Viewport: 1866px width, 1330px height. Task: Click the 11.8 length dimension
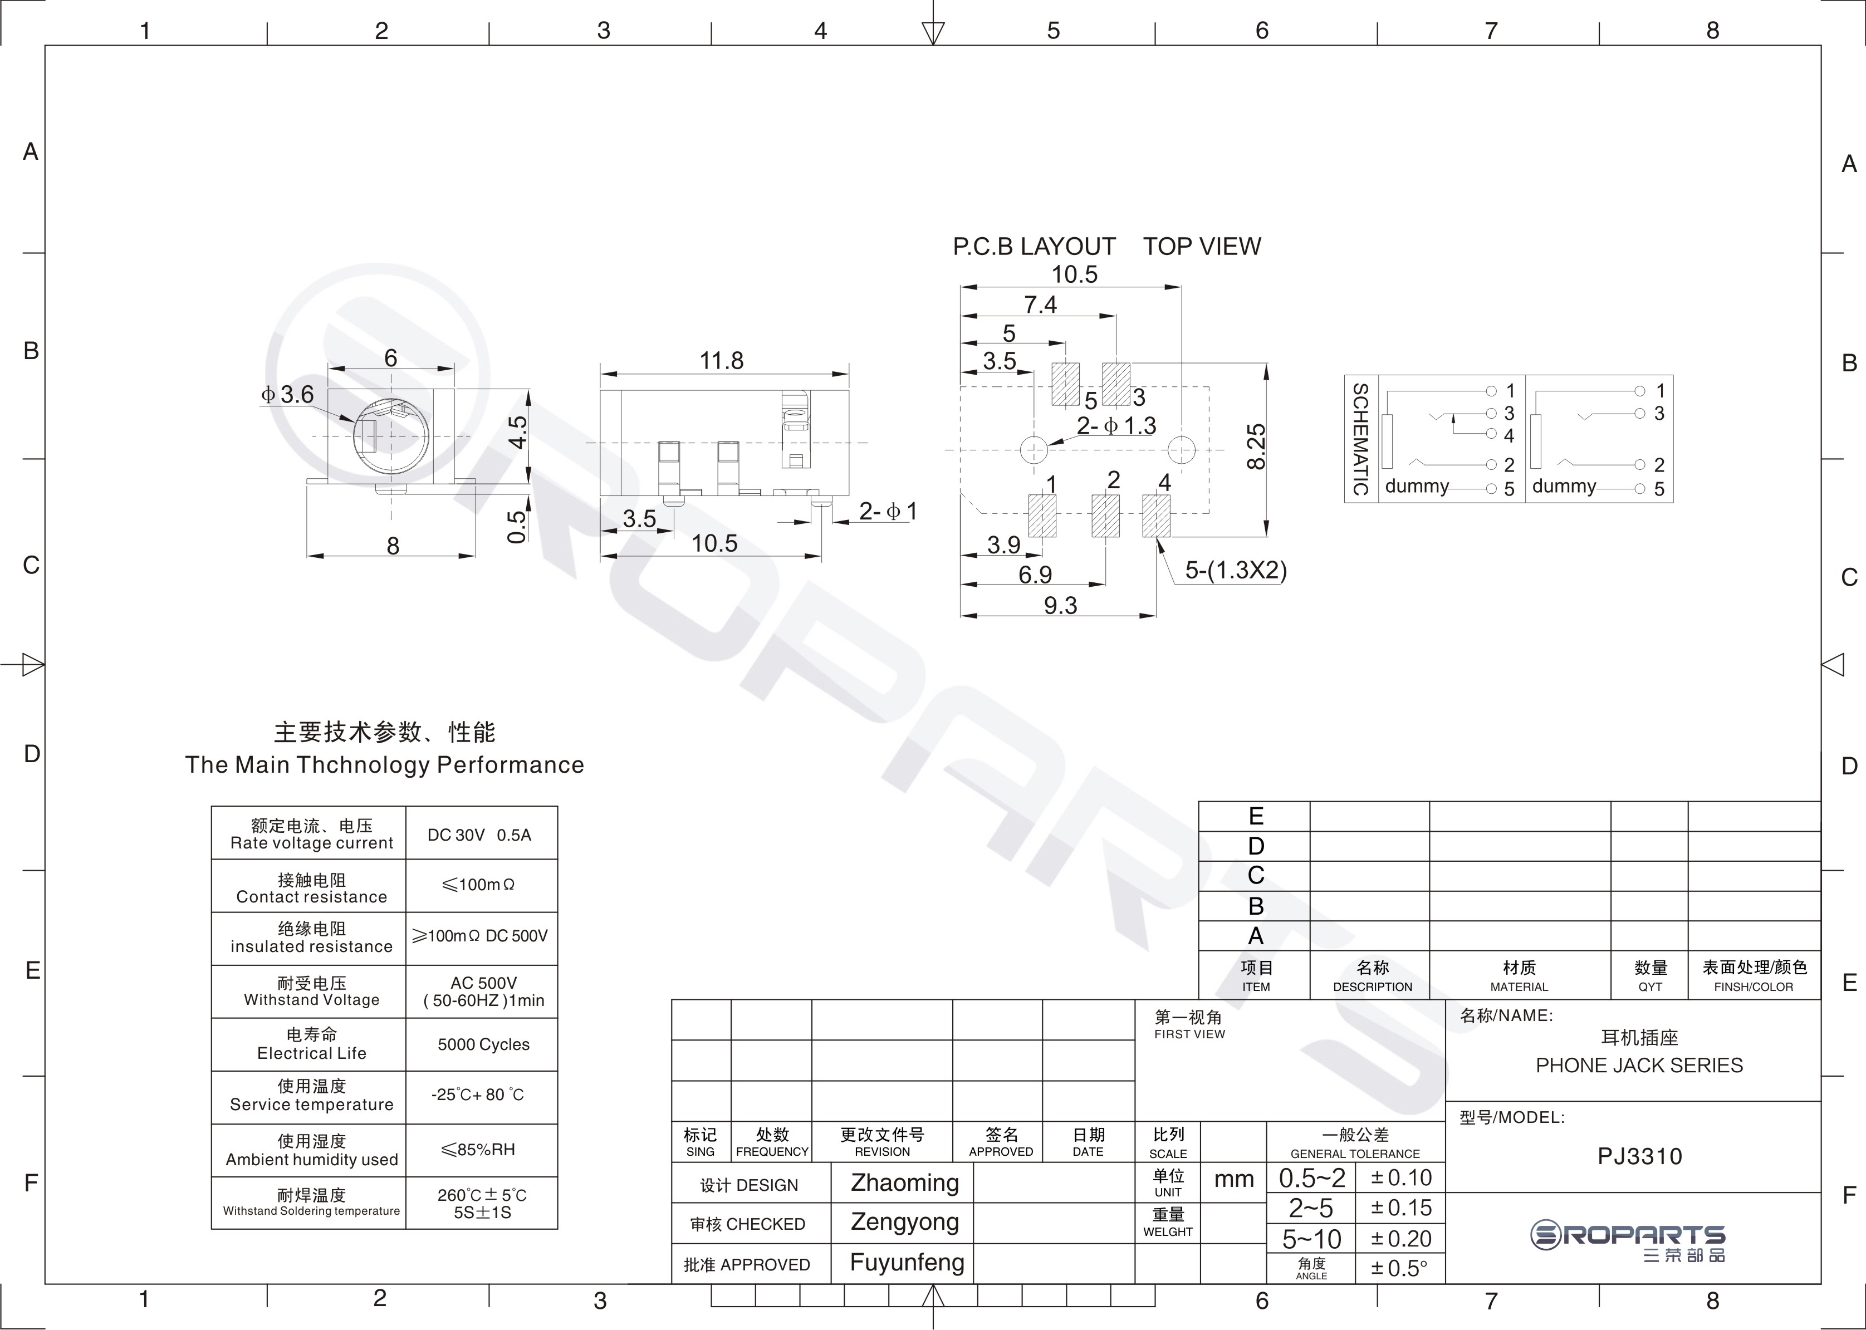coord(721,360)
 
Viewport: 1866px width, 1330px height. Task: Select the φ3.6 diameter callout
coord(287,395)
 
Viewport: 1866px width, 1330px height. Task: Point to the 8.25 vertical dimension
coord(1256,446)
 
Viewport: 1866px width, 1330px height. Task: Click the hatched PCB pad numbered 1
coord(1042,516)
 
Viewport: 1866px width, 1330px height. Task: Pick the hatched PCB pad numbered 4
coord(1156,516)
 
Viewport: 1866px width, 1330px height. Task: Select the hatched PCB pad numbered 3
coord(1116,384)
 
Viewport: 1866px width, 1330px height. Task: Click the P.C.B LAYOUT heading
coord(1034,247)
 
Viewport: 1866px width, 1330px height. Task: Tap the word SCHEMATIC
coord(1360,439)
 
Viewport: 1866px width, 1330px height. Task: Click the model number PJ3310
coord(1639,1156)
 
